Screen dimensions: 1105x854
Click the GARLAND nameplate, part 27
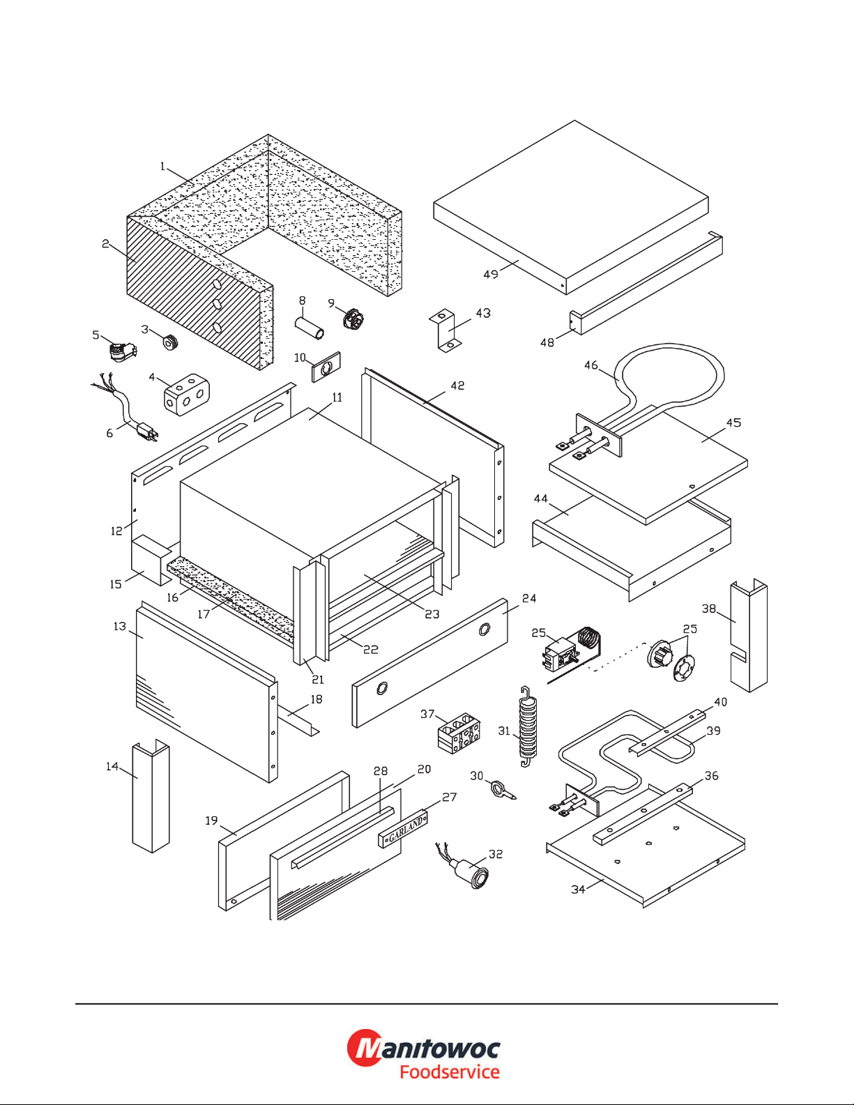point(403,828)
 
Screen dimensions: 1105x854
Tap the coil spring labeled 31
point(528,728)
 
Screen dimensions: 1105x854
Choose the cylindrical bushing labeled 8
point(310,328)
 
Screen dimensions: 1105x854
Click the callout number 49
point(491,274)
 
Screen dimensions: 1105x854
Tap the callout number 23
point(432,614)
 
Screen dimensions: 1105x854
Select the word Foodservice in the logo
point(450,1072)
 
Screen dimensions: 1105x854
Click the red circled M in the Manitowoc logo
point(365,1048)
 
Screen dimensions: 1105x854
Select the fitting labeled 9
point(353,319)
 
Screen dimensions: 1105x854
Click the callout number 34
point(578,890)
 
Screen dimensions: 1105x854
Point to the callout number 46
point(591,365)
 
